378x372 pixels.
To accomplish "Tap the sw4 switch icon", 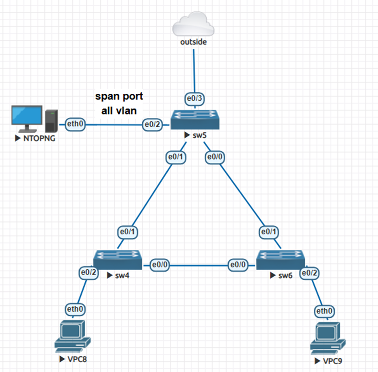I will [118, 260].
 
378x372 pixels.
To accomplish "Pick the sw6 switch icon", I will [281, 260].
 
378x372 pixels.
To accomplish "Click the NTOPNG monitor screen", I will [27, 117].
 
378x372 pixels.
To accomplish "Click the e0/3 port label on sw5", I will [194, 98].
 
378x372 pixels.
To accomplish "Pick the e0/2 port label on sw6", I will [309, 273].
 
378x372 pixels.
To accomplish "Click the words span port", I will [119, 97].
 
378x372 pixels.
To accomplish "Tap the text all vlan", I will [119, 110].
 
